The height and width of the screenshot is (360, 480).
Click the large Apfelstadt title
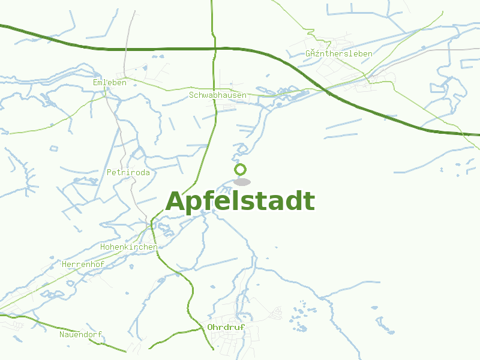(x=240, y=202)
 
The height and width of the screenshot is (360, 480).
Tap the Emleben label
(x=110, y=82)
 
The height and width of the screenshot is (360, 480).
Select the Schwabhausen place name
(x=218, y=95)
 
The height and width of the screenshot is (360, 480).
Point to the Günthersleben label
(x=339, y=53)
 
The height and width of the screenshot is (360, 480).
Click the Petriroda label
(x=128, y=172)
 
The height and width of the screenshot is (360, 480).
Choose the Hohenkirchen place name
(x=129, y=247)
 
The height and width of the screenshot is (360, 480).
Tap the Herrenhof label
(x=83, y=264)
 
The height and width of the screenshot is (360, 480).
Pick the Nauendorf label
(x=81, y=334)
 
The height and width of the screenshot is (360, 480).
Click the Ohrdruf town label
(x=226, y=327)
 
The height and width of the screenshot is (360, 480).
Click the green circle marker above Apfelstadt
(x=241, y=169)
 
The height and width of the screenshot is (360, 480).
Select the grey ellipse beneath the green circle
(x=242, y=182)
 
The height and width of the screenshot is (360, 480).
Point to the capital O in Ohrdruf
(x=211, y=327)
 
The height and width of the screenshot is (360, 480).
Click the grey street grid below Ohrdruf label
(x=231, y=345)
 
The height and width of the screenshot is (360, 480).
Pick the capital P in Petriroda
(x=109, y=172)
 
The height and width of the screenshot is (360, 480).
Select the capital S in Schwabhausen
(x=191, y=95)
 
